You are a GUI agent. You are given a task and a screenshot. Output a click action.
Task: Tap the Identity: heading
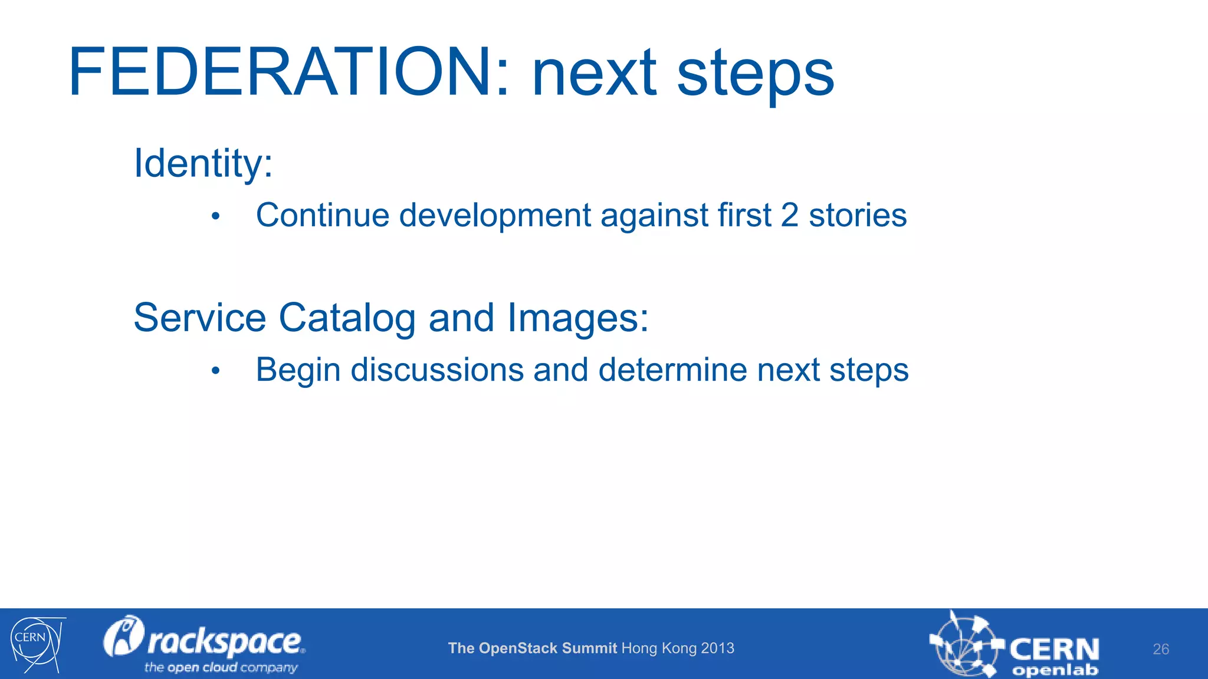(x=203, y=163)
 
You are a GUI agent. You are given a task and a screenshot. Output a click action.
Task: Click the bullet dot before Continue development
(x=216, y=216)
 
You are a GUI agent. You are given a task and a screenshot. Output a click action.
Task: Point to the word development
(x=494, y=216)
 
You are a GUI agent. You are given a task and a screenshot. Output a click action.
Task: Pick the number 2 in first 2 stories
(x=790, y=215)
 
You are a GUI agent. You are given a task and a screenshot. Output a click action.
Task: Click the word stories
(x=858, y=215)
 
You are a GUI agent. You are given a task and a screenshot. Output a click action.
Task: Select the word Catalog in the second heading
(x=347, y=318)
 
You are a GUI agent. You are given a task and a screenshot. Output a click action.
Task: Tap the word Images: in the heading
(x=577, y=318)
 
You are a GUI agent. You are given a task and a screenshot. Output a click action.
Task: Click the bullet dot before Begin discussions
(x=216, y=371)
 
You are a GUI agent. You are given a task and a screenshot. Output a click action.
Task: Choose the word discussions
(x=437, y=370)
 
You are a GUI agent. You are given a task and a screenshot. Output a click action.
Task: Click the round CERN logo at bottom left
(x=35, y=644)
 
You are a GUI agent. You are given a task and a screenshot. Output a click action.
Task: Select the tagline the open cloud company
(x=221, y=668)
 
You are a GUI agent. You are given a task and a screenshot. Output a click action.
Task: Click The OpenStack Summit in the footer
(x=532, y=648)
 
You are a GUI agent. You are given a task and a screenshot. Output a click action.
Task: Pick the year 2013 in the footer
(x=718, y=648)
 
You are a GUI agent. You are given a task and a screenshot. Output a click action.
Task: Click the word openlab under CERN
(x=1055, y=670)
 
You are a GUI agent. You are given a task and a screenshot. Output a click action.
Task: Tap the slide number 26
(x=1160, y=649)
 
